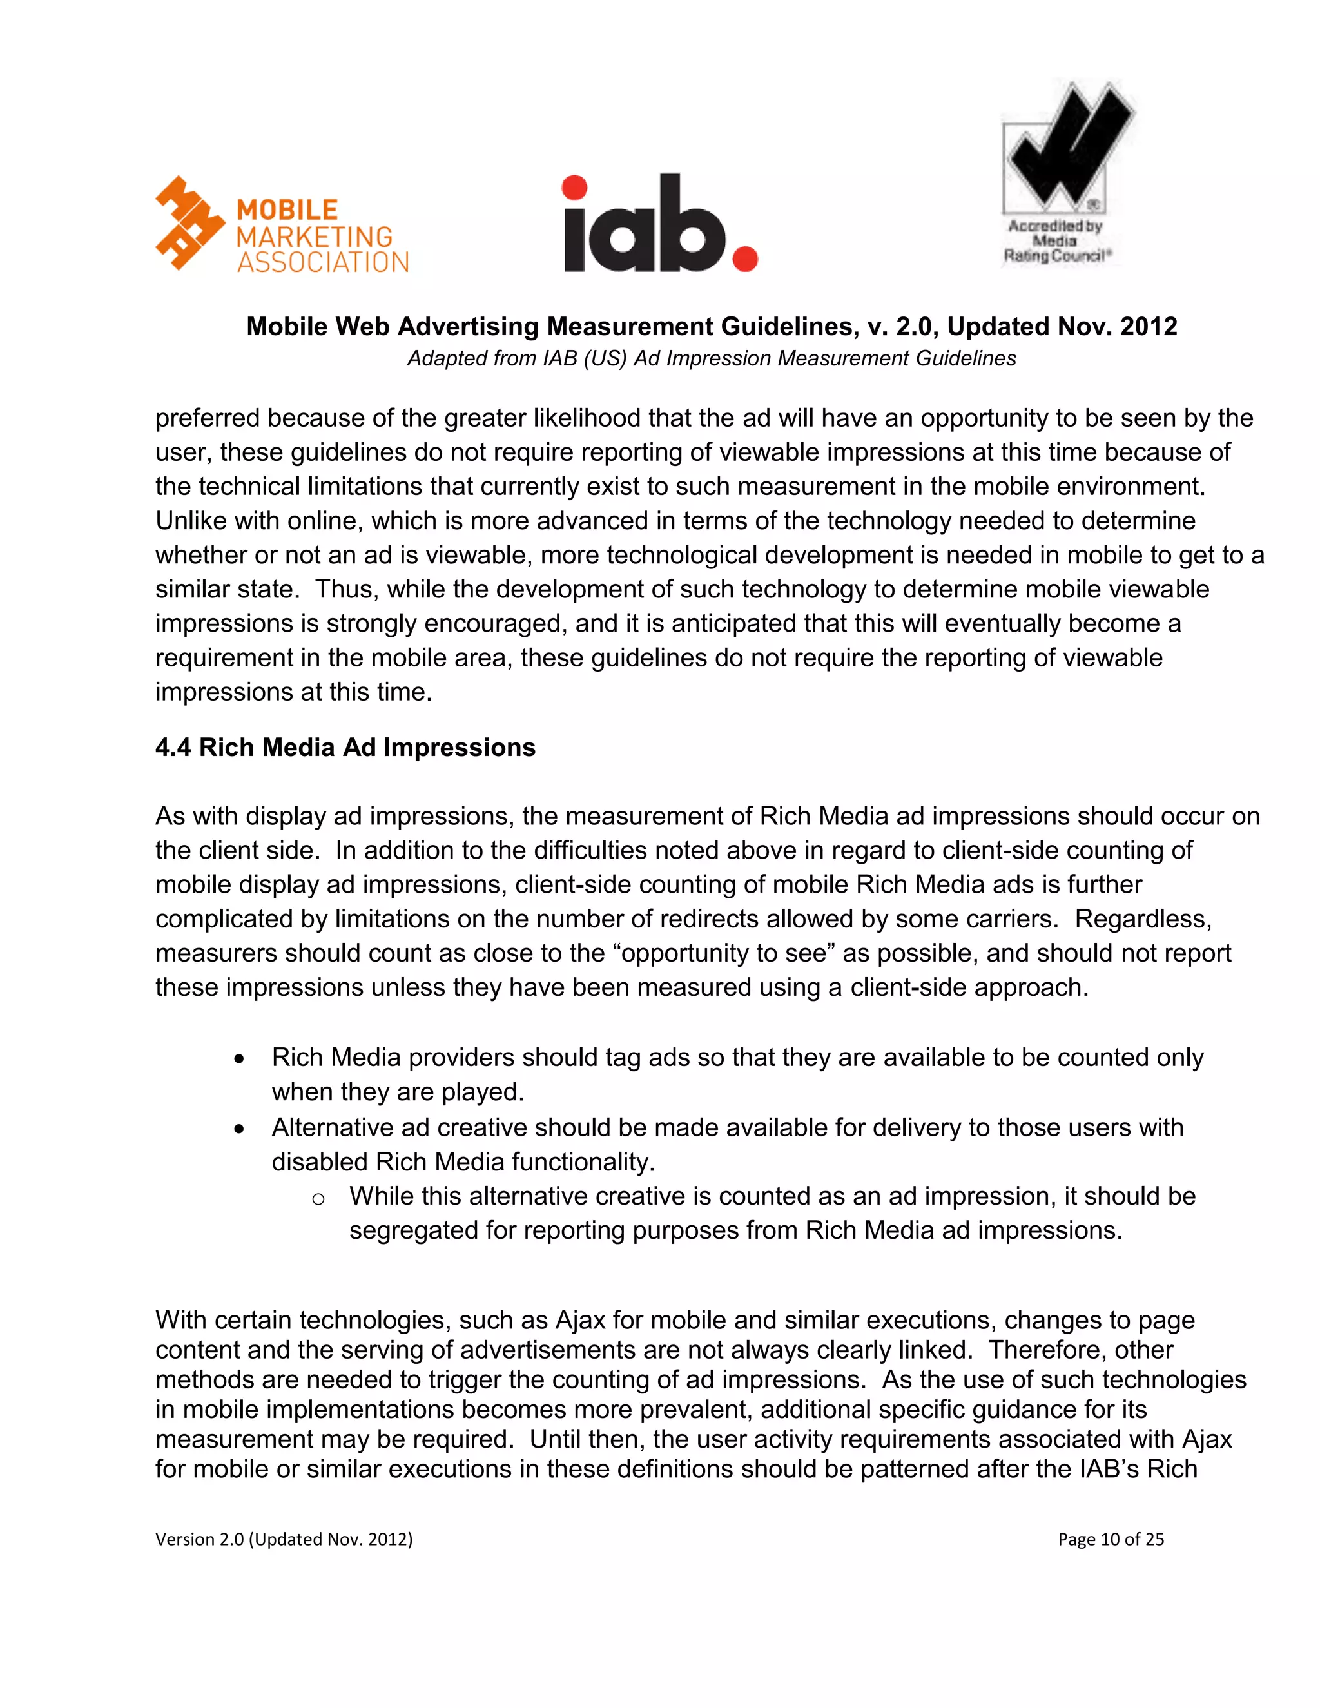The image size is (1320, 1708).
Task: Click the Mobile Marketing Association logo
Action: (282, 225)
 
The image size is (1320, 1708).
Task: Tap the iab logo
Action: (659, 225)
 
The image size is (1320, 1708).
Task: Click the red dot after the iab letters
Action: (744, 258)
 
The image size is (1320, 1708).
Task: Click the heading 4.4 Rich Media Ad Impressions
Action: (345, 748)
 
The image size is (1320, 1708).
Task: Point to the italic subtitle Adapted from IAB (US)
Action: (711, 358)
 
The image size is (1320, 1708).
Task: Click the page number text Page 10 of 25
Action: (1111, 1539)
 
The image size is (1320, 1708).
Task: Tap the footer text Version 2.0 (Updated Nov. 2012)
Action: (284, 1539)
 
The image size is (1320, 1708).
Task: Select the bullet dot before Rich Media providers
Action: (239, 1059)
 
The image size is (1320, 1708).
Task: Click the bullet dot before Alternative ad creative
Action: (239, 1129)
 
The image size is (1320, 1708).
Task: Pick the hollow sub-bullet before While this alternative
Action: (318, 1199)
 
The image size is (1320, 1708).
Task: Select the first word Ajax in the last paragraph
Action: (580, 1320)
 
